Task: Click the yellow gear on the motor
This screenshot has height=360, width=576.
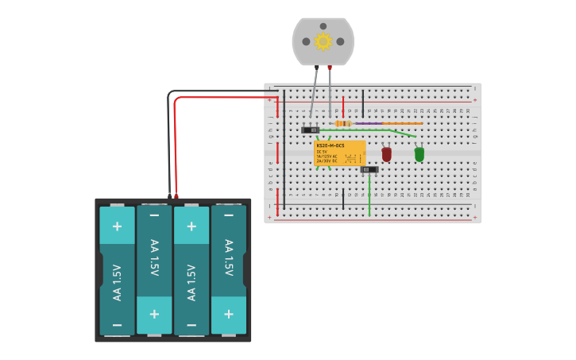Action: [323, 41]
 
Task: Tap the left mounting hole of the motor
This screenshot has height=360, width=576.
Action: [306, 41]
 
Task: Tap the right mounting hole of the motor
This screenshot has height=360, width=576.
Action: [340, 41]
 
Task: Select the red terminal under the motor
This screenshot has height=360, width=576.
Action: [329, 68]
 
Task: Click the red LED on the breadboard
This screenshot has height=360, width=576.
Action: [386, 153]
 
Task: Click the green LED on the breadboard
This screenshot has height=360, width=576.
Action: [419, 153]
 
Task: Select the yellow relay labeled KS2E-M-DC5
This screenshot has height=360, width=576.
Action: [340, 153]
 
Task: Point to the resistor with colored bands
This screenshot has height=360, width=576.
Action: [343, 124]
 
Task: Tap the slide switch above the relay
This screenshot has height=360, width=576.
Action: [310, 130]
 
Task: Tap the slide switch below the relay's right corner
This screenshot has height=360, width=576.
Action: [369, 169]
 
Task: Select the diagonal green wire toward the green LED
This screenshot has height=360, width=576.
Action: [401, 134]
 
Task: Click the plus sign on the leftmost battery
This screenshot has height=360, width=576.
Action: [117, 226]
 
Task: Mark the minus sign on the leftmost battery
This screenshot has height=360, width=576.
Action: [117, 325]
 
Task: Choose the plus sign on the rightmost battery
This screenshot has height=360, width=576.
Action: [229, 314]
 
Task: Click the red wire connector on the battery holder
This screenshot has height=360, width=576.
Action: [176, 195]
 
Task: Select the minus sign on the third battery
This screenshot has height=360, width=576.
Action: [191, 325]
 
